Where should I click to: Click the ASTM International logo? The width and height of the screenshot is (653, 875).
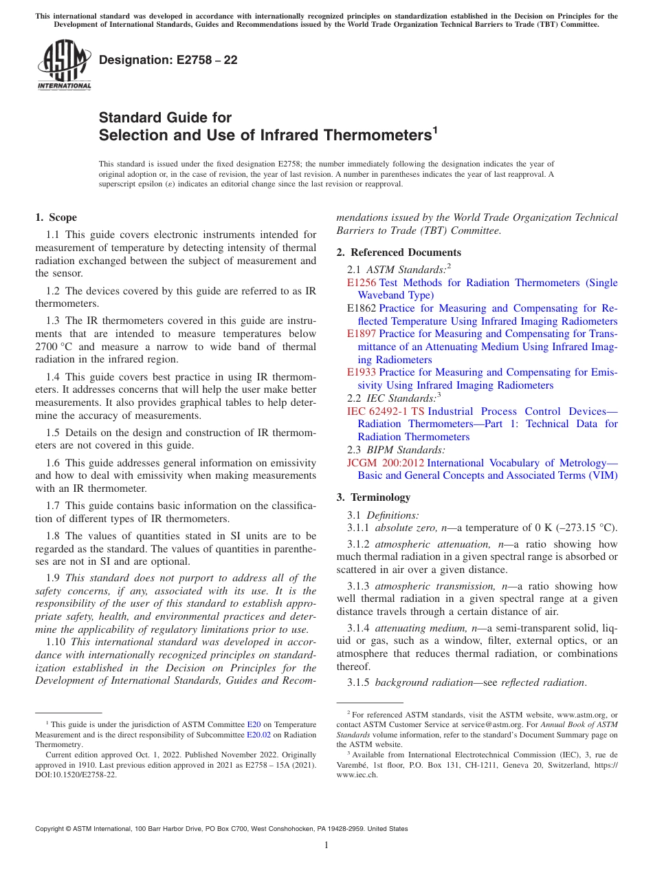tap(64, 65)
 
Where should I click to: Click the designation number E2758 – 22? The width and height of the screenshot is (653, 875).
tap(168, 60)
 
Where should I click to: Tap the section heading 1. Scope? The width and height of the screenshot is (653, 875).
tap(56, 217)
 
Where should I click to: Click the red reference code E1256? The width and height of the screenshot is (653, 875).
tap(362, 283)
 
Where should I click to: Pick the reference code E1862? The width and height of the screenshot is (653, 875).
tap(362, 308)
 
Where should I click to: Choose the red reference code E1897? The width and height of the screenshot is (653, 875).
tap(362, 334)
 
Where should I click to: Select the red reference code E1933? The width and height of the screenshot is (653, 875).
tap(362, 372)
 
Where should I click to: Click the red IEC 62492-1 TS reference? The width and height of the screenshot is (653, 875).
tap(386, 411)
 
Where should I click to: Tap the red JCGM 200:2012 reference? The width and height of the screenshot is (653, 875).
tap(386, 463)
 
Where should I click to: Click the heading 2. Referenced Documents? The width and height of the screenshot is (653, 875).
tap(399, 252)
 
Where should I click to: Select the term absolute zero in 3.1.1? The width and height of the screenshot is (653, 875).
tap(403, 528)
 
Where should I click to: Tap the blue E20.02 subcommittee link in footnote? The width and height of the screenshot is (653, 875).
tap(258, 734)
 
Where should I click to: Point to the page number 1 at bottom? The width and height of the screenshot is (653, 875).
tap(326, 845)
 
